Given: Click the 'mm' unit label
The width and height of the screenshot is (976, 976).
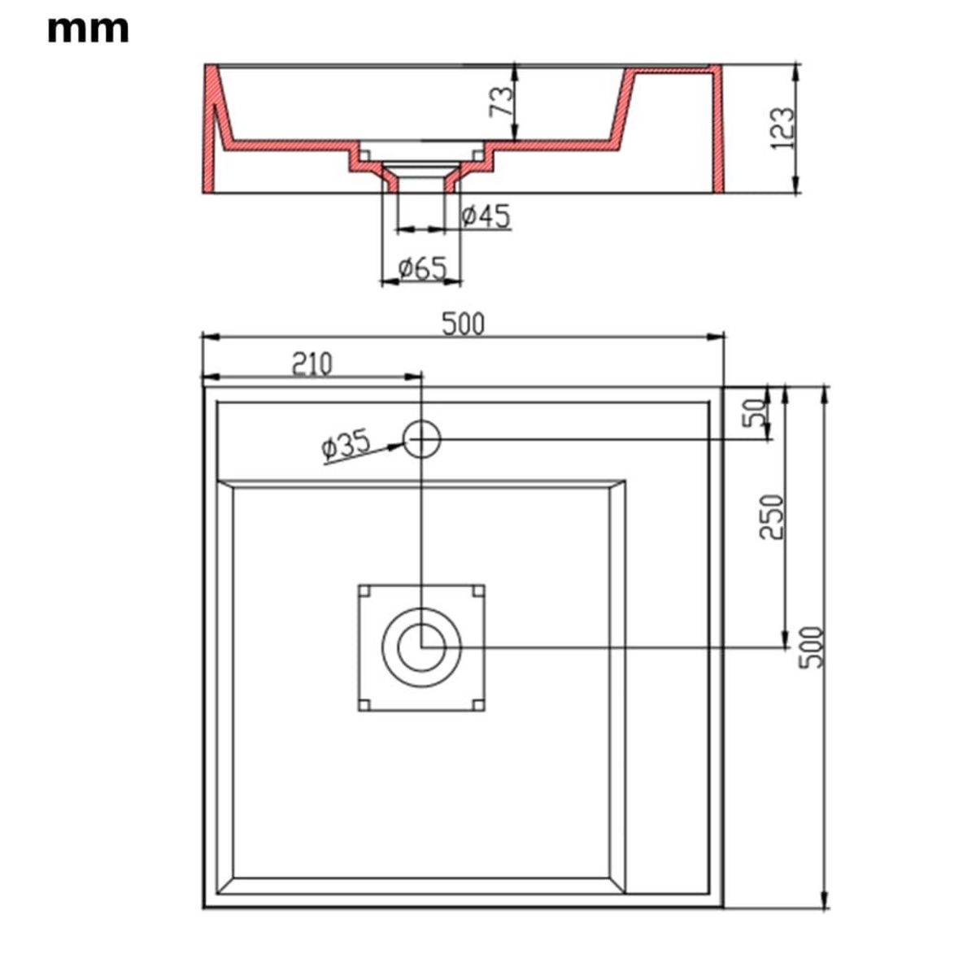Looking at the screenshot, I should click(x=88, y=29).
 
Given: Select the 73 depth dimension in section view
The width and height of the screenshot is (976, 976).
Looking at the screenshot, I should click(x=503, y=101).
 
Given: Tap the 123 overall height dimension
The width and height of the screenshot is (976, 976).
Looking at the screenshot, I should click(x=782, y=128).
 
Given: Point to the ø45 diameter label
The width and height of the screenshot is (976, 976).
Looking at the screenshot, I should click(x=486, y=216).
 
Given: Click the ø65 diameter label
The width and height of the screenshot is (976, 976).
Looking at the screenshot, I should click(x=423, y=268).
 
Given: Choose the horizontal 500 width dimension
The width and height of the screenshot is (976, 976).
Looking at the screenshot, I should click(x=463, y=324).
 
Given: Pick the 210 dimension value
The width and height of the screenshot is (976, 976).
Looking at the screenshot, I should click(x=312, y=364).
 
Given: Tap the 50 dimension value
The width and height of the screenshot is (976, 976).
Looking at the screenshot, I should click(x=756, y=412).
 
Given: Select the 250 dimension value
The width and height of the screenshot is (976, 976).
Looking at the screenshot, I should click(x=771, y=516).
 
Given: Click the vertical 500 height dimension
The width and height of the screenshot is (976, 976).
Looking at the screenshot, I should click(x=812, y=647).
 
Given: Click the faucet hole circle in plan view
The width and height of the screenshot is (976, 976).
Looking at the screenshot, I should click(x=422, y=438).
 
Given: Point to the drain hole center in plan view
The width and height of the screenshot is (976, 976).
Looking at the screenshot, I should click(x=421, y=647).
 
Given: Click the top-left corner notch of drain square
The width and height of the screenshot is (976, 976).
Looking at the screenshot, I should click(x=364, y=590).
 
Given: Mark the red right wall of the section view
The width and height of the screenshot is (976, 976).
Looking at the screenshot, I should click(x=716, y=130).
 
